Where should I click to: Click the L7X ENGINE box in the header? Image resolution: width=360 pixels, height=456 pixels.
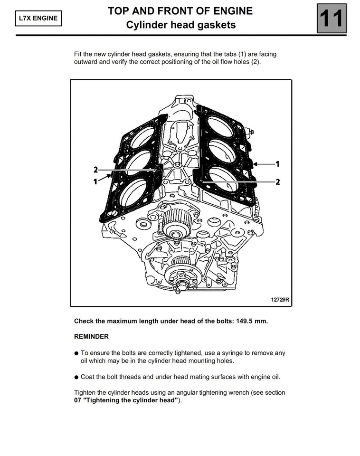38,19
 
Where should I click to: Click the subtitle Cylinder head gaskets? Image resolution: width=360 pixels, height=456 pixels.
180,25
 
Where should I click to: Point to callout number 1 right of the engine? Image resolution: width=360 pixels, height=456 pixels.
278,163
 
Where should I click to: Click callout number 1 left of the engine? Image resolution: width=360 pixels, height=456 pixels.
95,181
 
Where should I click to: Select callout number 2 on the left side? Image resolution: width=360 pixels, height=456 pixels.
95,170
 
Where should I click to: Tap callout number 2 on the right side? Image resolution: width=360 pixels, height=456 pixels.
278,181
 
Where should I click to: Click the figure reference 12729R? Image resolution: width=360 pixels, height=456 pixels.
280,300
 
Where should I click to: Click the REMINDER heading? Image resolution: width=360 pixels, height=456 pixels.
91,336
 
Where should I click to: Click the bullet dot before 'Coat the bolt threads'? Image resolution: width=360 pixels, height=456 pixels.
76,378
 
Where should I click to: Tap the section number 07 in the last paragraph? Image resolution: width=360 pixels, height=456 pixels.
78,400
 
